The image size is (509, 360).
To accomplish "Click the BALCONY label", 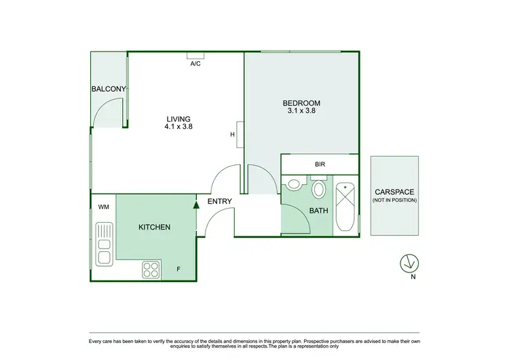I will [x=109, y=89].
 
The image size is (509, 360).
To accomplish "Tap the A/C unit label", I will [x=195, y=64].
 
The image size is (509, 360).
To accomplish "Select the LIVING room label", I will [x=179, y=118].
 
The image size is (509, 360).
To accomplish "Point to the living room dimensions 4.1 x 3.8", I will [x=179, y=126].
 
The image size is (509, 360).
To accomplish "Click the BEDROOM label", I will [x=301, y=103].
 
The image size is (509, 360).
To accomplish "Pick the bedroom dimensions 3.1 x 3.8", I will [x=301, y=112].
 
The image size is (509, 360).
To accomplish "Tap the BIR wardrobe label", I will [x=320, y=164].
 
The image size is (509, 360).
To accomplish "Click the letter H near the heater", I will [x=232, y=134].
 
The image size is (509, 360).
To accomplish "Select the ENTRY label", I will [x=220, y=201].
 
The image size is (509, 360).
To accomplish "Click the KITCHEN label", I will [x=154, y=227].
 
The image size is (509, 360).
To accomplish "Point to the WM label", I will [x=104, y=206].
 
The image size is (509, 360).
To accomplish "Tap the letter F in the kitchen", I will [x=178, y=270].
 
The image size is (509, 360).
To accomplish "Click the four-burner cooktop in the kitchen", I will [x=151, y=270].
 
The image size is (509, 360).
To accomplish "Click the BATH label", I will [x=318, y=211].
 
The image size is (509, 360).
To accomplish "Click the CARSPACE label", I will [x=394, y=192].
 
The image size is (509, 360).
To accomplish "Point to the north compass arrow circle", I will [x=409, y=262].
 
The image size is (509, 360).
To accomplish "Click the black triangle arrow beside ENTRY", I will [x=195, y=202].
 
